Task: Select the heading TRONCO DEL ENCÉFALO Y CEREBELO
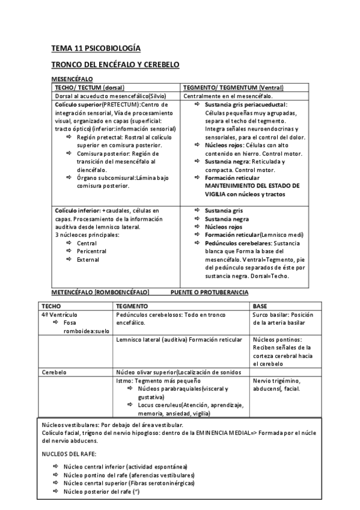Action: coord(115,64)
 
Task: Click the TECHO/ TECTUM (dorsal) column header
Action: coord(90,87)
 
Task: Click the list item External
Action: coord(88,259)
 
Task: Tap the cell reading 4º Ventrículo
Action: coord(59,315)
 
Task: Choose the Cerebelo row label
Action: coord(53,372)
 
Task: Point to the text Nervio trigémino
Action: coord(277,381)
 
